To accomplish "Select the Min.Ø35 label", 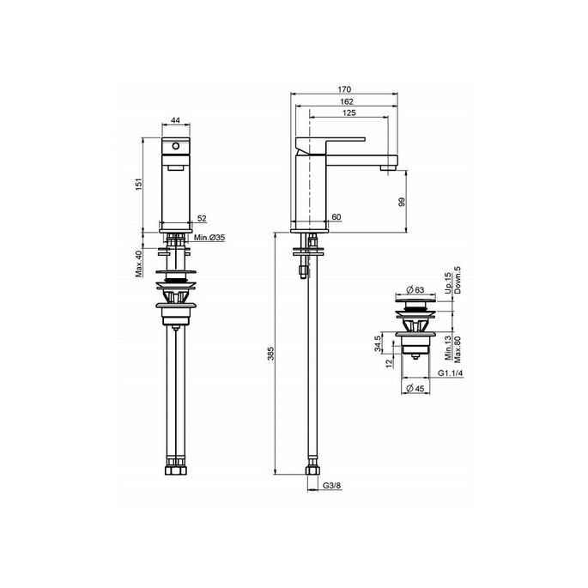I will click(x=209, y=237).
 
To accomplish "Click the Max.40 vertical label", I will click(x=138, y=263).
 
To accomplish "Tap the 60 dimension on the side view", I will click(x=337, y=218).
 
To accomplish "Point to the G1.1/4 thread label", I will click(x=452, y=373).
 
